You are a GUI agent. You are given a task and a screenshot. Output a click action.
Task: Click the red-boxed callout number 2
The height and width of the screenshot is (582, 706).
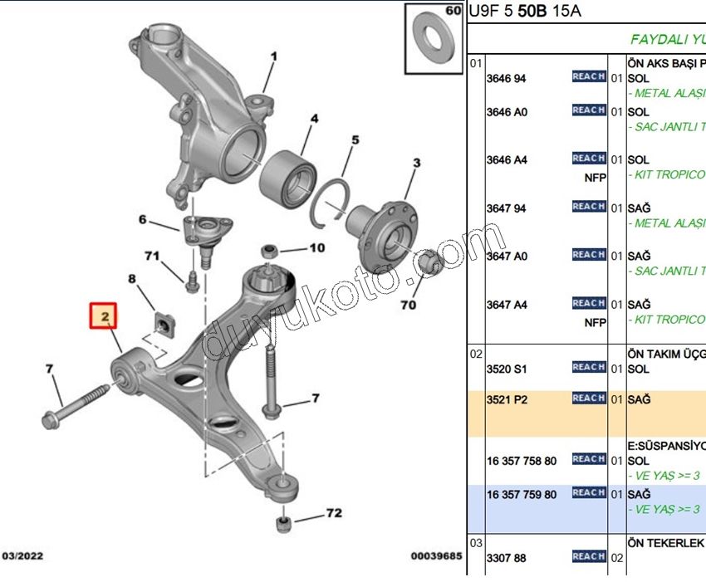[105, 316]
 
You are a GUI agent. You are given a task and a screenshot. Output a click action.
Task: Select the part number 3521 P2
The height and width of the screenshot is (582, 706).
[506, 399]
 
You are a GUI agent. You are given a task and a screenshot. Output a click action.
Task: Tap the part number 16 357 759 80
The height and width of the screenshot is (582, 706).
[522, 495]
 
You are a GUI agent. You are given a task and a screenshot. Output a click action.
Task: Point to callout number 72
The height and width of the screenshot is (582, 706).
[333, 513]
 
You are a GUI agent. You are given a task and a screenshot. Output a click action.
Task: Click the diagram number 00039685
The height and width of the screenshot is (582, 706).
[436, 556]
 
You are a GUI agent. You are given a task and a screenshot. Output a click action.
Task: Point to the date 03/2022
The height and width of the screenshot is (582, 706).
[23, 556]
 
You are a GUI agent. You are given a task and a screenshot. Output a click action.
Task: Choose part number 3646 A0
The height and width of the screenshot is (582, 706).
[506, 112]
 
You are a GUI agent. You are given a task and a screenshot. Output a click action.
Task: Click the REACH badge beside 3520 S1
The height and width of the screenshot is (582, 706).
[588, 367]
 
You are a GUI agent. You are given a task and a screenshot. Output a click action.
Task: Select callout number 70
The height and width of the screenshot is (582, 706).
[407, 305]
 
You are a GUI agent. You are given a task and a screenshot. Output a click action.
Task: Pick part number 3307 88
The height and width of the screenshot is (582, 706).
[506, 559]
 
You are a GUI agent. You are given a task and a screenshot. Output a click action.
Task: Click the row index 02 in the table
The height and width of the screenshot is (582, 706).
[476, 354]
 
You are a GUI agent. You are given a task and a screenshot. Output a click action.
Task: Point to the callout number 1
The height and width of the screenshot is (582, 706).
[272, 57]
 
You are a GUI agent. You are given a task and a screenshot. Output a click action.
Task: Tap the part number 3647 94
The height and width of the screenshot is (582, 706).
[506, 208]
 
